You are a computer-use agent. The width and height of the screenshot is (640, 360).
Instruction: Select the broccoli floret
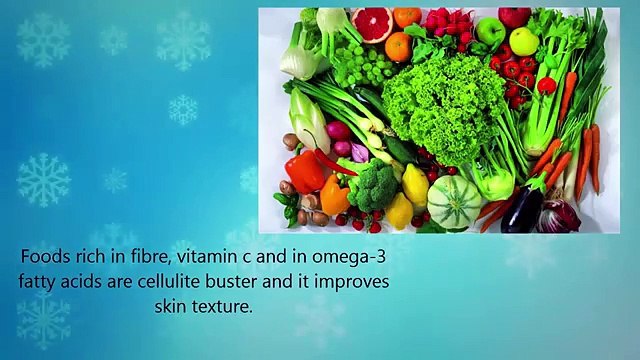(x=372, y=185)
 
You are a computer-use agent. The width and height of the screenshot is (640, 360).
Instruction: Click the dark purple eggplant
(x=523, y=207)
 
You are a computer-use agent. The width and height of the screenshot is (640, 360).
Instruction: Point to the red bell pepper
(x=304, y=172)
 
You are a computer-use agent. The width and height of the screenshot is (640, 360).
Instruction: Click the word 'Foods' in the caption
(x=47, y=258)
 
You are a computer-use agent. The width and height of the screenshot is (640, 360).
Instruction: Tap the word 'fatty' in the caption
(x=39, y=282)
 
